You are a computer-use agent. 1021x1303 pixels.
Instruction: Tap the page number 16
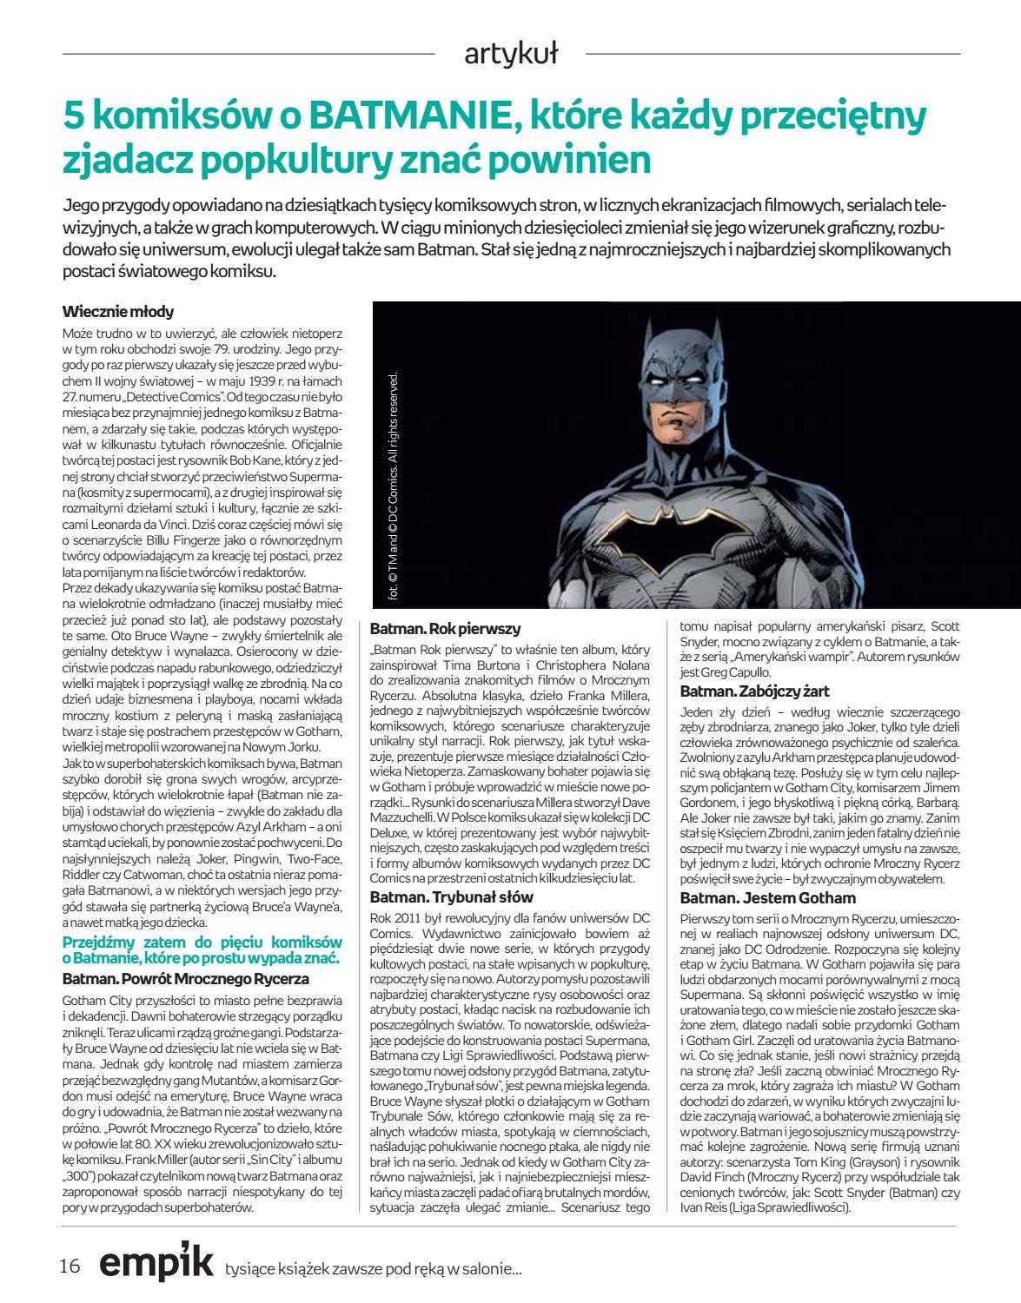click(x=70, y=1266)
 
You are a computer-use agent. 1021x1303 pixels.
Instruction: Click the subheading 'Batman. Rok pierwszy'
click(x=444, y=628)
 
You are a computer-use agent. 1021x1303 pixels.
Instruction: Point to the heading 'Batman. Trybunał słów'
click(x=452, y=896)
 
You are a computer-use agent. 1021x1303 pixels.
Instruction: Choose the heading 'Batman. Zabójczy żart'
click(x=754, y=691)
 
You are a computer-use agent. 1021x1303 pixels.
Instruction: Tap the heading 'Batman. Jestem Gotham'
click(x=767, y=897)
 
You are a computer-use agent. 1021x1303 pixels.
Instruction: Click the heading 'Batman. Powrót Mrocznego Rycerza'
click(x=186, y=977)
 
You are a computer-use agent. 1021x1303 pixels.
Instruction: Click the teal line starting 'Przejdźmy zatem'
click(x=202, y=942)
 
